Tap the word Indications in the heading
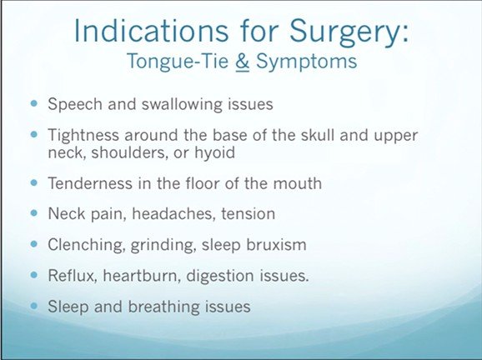tap(151, 30)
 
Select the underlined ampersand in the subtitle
tap(242, 62)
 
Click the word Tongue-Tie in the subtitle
tap(178, 62)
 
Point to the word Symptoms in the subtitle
tap(307, 62)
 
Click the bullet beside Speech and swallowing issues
tap(34, 103)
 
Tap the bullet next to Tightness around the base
tap(34, 134)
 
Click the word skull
tap(318, 135)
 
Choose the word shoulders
tap(130, 152)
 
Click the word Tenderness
tap(91, 183)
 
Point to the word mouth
tap(297, 183)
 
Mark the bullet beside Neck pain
tap(34, 212)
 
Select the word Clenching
tap(87, 246)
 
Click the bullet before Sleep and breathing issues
tap(34, 306)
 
